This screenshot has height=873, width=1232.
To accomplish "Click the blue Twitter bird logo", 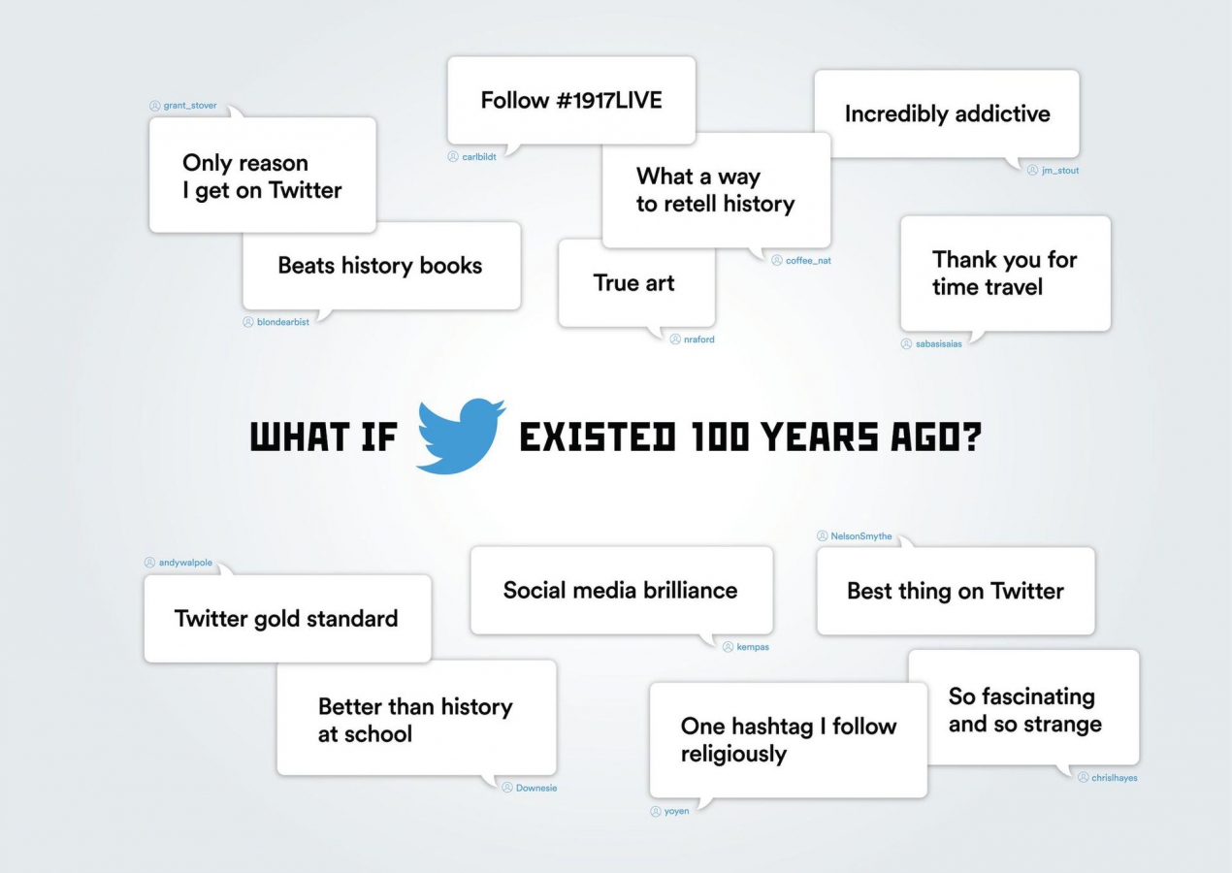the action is click(x=461, y=436).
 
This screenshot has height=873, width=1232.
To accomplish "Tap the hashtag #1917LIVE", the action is click(x=609, y=100).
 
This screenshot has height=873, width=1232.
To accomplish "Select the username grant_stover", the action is click(x=190, y=106).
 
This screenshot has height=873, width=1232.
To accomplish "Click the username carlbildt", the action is click(x=479, y=157).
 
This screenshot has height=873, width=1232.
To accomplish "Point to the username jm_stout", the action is click(x=1060, y=171).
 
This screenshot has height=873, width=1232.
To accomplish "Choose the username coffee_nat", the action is click(x=808, y=261).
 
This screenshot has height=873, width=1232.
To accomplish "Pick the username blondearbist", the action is click(x=282, y=322).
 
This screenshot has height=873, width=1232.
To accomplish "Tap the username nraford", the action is click(x=699, y=339).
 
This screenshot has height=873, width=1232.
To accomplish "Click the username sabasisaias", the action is click(x=938, y=344).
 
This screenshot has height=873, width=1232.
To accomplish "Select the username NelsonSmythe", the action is click(x=861, y=536).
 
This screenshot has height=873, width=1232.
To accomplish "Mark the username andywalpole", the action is click(x=185, y=563).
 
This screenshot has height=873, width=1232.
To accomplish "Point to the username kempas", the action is click(x=753, y=647).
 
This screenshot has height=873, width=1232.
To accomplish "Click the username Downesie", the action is click(x=536, y=789).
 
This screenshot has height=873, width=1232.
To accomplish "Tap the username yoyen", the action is click(x=676, y=811).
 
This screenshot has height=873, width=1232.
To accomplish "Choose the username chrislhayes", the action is click(x=1115, y=778).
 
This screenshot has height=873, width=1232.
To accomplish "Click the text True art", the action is click(x=633, y=283).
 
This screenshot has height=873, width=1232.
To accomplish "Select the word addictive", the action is click(x=1003, y=113).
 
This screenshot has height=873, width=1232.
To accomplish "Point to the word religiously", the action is click(x=733, y=755).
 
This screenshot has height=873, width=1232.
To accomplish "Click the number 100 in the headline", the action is click(x=721, y=436).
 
